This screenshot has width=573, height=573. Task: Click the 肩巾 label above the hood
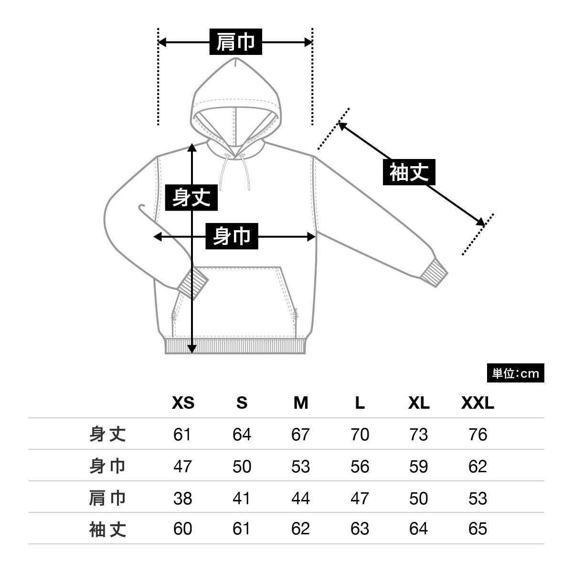[236, 42]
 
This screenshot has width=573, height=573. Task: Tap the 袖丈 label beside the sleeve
[409, 172]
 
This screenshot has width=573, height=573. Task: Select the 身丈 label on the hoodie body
[191, 198]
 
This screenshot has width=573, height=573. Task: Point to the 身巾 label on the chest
[232, 236]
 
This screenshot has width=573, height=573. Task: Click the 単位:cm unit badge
[515, 373]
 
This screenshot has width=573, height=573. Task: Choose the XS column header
[183, 403]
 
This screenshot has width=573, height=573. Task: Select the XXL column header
[477, 403]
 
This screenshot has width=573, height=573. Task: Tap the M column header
[301, 403]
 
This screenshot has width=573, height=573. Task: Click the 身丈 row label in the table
[108, 435]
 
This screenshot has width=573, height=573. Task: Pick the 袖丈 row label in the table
[108, 529]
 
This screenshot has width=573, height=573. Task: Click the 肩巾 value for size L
[360, 498]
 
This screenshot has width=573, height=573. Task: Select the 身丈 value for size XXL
[477, 435]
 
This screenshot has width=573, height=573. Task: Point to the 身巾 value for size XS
[182, 466]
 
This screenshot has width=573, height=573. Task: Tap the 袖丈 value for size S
[242, 529]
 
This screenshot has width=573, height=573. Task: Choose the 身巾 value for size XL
[418, 466]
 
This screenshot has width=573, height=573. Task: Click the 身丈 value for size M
[300, 435]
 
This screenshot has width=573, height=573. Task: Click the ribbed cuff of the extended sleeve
[436, 273]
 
